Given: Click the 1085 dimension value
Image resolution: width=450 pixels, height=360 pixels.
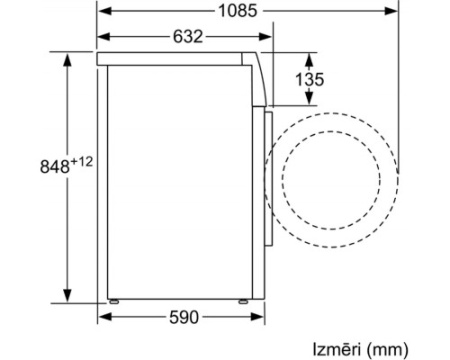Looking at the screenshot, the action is (x=238, y=11).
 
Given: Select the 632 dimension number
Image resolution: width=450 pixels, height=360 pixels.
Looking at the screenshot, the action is (x=188, y=36).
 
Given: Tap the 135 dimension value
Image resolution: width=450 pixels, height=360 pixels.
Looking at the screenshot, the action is (x=309, y=79).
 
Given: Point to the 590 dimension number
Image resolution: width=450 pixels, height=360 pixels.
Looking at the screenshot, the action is (x=184, y=317).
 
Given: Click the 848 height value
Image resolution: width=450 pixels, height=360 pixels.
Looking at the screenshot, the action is (x=55, y=166).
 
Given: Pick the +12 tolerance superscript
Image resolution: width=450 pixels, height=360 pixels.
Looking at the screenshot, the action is (x=81, y=162).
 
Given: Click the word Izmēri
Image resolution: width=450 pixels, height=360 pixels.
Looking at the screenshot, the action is (x=337, y=349).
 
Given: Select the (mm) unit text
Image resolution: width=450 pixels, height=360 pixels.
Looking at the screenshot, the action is (x=387, y=350).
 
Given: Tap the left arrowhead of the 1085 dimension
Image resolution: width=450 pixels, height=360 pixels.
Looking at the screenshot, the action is (x=104, y=11).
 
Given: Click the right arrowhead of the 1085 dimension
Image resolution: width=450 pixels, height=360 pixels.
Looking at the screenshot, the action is (x=392, y=11).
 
